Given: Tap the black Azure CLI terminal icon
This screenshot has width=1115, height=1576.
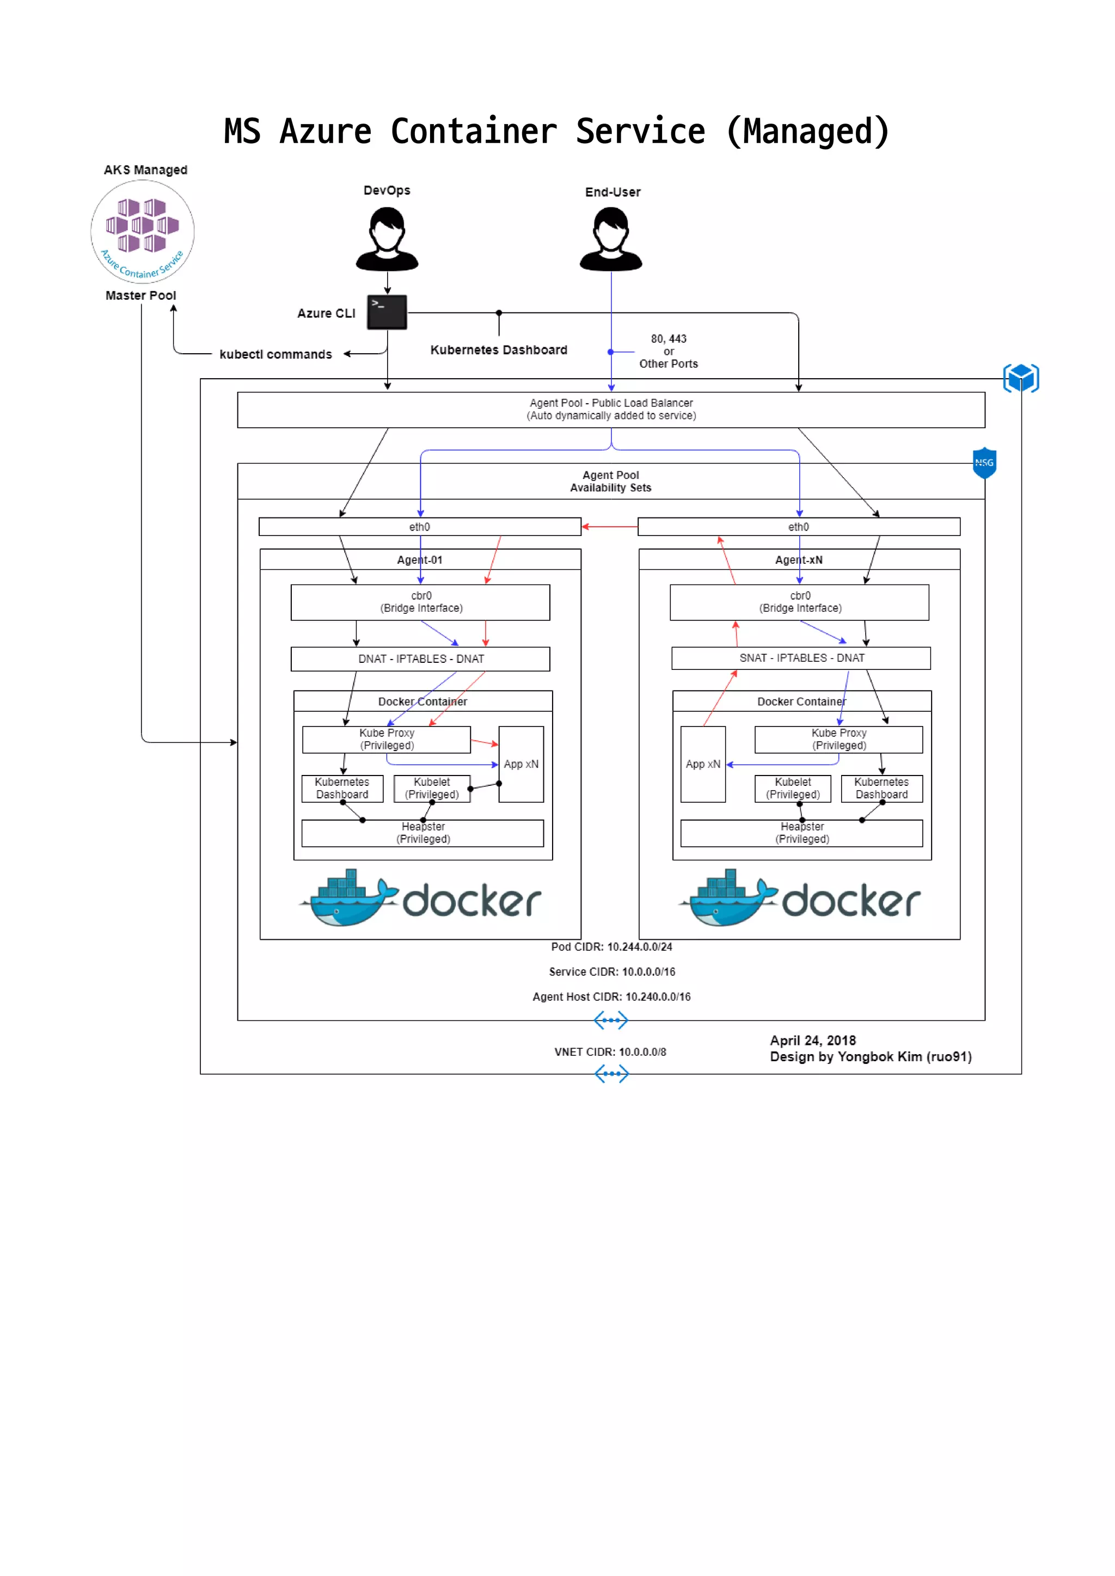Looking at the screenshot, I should [x=387, y=312].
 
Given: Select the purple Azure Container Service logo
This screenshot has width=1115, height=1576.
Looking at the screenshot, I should [x=142, y=231].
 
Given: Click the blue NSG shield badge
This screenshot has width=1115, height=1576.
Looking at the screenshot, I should [x=984, y=463].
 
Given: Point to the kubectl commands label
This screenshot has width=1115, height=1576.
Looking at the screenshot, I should [x=275, y=354].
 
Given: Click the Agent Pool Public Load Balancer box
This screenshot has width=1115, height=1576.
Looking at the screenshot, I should [x=610, y=410].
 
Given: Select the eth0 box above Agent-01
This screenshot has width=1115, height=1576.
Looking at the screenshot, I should [x=420, y=526].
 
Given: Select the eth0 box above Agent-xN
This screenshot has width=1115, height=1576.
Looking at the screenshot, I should [x=799, y=526].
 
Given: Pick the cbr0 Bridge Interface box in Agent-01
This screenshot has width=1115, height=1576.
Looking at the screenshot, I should [x=420, y=602].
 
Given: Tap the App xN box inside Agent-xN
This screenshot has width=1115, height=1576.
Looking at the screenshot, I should [x=702, y=764].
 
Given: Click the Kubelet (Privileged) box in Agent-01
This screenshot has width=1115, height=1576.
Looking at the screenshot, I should [x=432, y=789].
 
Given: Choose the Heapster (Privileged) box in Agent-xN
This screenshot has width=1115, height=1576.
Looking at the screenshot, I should [x=801, y=833].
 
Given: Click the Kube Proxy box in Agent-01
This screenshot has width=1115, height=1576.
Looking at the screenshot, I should [x=387, y=739].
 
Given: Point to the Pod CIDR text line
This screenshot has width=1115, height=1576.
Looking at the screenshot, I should [x=611, y=946].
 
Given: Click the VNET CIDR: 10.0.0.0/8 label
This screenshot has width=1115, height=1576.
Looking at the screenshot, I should [x=610, y=1051].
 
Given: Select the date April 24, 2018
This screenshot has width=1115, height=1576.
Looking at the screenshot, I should [x=812, y=1041].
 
